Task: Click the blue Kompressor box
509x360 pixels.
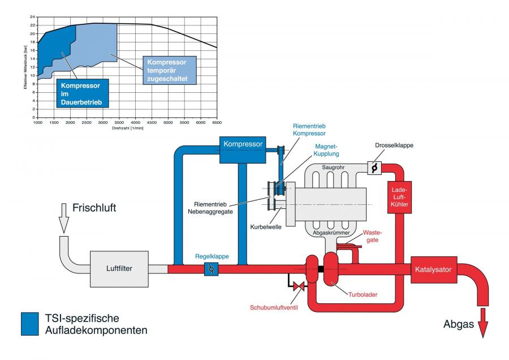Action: click(243, 150)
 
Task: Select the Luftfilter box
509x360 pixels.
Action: click(119, 269)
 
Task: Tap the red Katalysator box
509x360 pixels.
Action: click(434, 269)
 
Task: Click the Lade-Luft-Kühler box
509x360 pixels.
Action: click(400, 197)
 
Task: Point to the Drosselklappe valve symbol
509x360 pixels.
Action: click(374, 168)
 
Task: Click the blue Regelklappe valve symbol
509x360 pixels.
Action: click(211, 269)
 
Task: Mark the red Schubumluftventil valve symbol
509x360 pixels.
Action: click(299, 286)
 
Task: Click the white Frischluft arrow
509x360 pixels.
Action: click(64, 218)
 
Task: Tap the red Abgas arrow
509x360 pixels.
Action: click(483, 323)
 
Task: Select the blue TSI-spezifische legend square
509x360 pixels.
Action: click(30, 324)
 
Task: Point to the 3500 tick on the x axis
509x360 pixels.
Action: click(119, 122)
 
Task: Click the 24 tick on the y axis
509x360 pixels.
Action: click(32, 17)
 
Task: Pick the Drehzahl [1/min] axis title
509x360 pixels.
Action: click(128, 128)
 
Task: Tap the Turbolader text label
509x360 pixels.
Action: click(363, 295)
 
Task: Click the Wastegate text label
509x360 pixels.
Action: click(372, 236)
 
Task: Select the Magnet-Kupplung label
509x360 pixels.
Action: click(326, 150)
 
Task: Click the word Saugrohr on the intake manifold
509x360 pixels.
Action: click(333, 168)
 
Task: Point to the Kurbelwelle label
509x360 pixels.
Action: click(266, 227)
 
